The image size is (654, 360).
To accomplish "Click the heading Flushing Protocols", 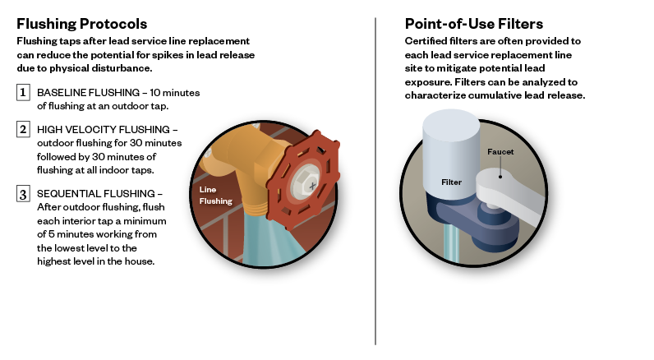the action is point(82,24).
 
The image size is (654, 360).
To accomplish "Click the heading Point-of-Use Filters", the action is point(474,24).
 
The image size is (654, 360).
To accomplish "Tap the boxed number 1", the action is point(23,92).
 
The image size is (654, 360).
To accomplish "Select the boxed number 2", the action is point(23,129).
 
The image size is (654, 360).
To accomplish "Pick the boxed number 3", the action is point(23,194).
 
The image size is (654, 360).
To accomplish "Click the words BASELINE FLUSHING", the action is point(89,93).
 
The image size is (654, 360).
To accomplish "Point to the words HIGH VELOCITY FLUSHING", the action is point(104,130).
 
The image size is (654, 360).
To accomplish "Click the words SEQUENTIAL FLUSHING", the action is point(96,194).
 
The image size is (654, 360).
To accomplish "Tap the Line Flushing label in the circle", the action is point(215,196).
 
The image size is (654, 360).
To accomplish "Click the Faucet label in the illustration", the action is point(500,152).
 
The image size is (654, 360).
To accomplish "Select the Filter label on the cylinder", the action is point(451,182).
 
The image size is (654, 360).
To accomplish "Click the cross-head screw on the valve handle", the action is point(312,186).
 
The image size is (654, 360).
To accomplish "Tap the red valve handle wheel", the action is point(304,180).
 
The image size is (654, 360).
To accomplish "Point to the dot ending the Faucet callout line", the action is point(500,177).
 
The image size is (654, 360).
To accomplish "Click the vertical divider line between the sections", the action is point(375,181).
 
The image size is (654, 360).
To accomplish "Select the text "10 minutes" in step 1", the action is point(175,93).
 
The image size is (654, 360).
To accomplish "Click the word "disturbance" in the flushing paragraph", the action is point(126,68).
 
